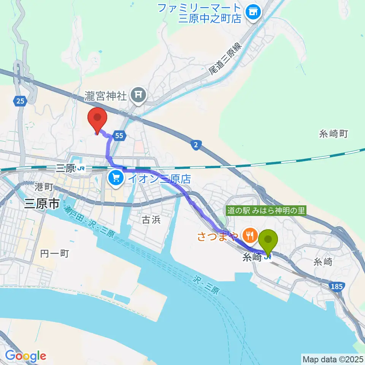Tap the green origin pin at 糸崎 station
click(x=268, y=241)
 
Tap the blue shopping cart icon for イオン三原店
click(x=115, y=178)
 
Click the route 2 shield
click(x=195, y=145)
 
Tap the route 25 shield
click(x=20, y=101)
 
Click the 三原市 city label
click(x=42, y=205)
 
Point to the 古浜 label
click(x=151, y=219)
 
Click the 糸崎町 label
click(x=333, y=134)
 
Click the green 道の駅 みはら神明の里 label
click(x=266, y=211)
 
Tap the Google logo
click(x=25, y=356)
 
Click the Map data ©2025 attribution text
click(x=333, y=359)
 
